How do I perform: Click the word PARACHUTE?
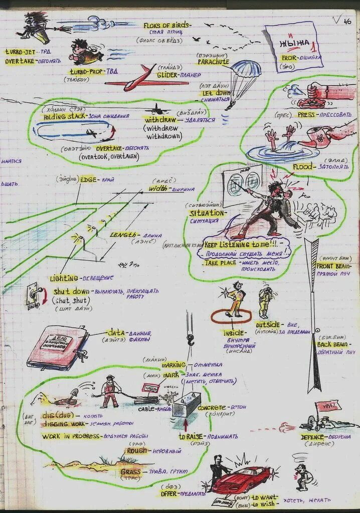(213, 62)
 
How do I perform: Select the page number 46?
(347, 21)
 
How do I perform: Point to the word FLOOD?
(305, 167)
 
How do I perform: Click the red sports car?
(241, 478)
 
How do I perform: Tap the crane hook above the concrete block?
(191, 341)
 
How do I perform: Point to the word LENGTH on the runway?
(122, 234)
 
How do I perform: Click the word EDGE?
(88, 180)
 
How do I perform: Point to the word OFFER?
(169, 493)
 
